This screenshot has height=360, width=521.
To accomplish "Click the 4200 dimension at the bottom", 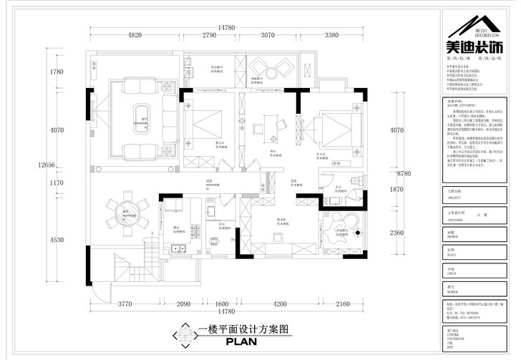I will [x=276, y=304].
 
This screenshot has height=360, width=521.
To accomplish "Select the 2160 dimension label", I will [x=342, y=304].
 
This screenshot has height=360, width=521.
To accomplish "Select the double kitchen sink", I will [x=178, y=249].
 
